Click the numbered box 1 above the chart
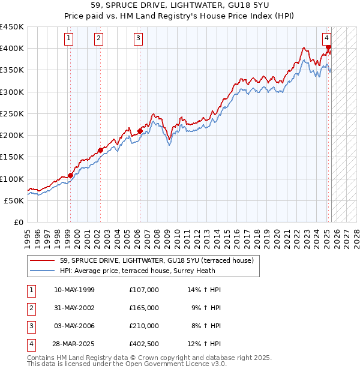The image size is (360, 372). click(x=70, y=39)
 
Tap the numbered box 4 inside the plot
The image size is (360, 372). click(x=327, y=37)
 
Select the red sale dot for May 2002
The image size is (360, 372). click(x=100, y=151)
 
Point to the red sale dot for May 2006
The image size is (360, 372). click(x=140, y=131)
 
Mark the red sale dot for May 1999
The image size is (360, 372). click(x=70, y=176)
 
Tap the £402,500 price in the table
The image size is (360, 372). click(x=144, y=344)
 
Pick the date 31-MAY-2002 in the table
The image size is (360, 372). click(x=74, y=308)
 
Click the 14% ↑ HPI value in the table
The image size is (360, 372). click(x=205, y=290)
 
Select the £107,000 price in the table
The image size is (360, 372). click(x=144, y=290)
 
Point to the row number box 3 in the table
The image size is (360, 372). click(x=31, y=326)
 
